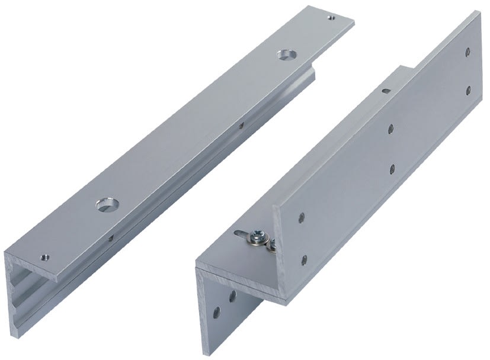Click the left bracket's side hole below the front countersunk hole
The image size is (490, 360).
110,239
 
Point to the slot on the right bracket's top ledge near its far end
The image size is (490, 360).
386,91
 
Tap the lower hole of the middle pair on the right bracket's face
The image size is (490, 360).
393,169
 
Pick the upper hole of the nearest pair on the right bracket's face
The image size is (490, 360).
302,217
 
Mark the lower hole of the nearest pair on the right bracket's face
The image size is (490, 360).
305,259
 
